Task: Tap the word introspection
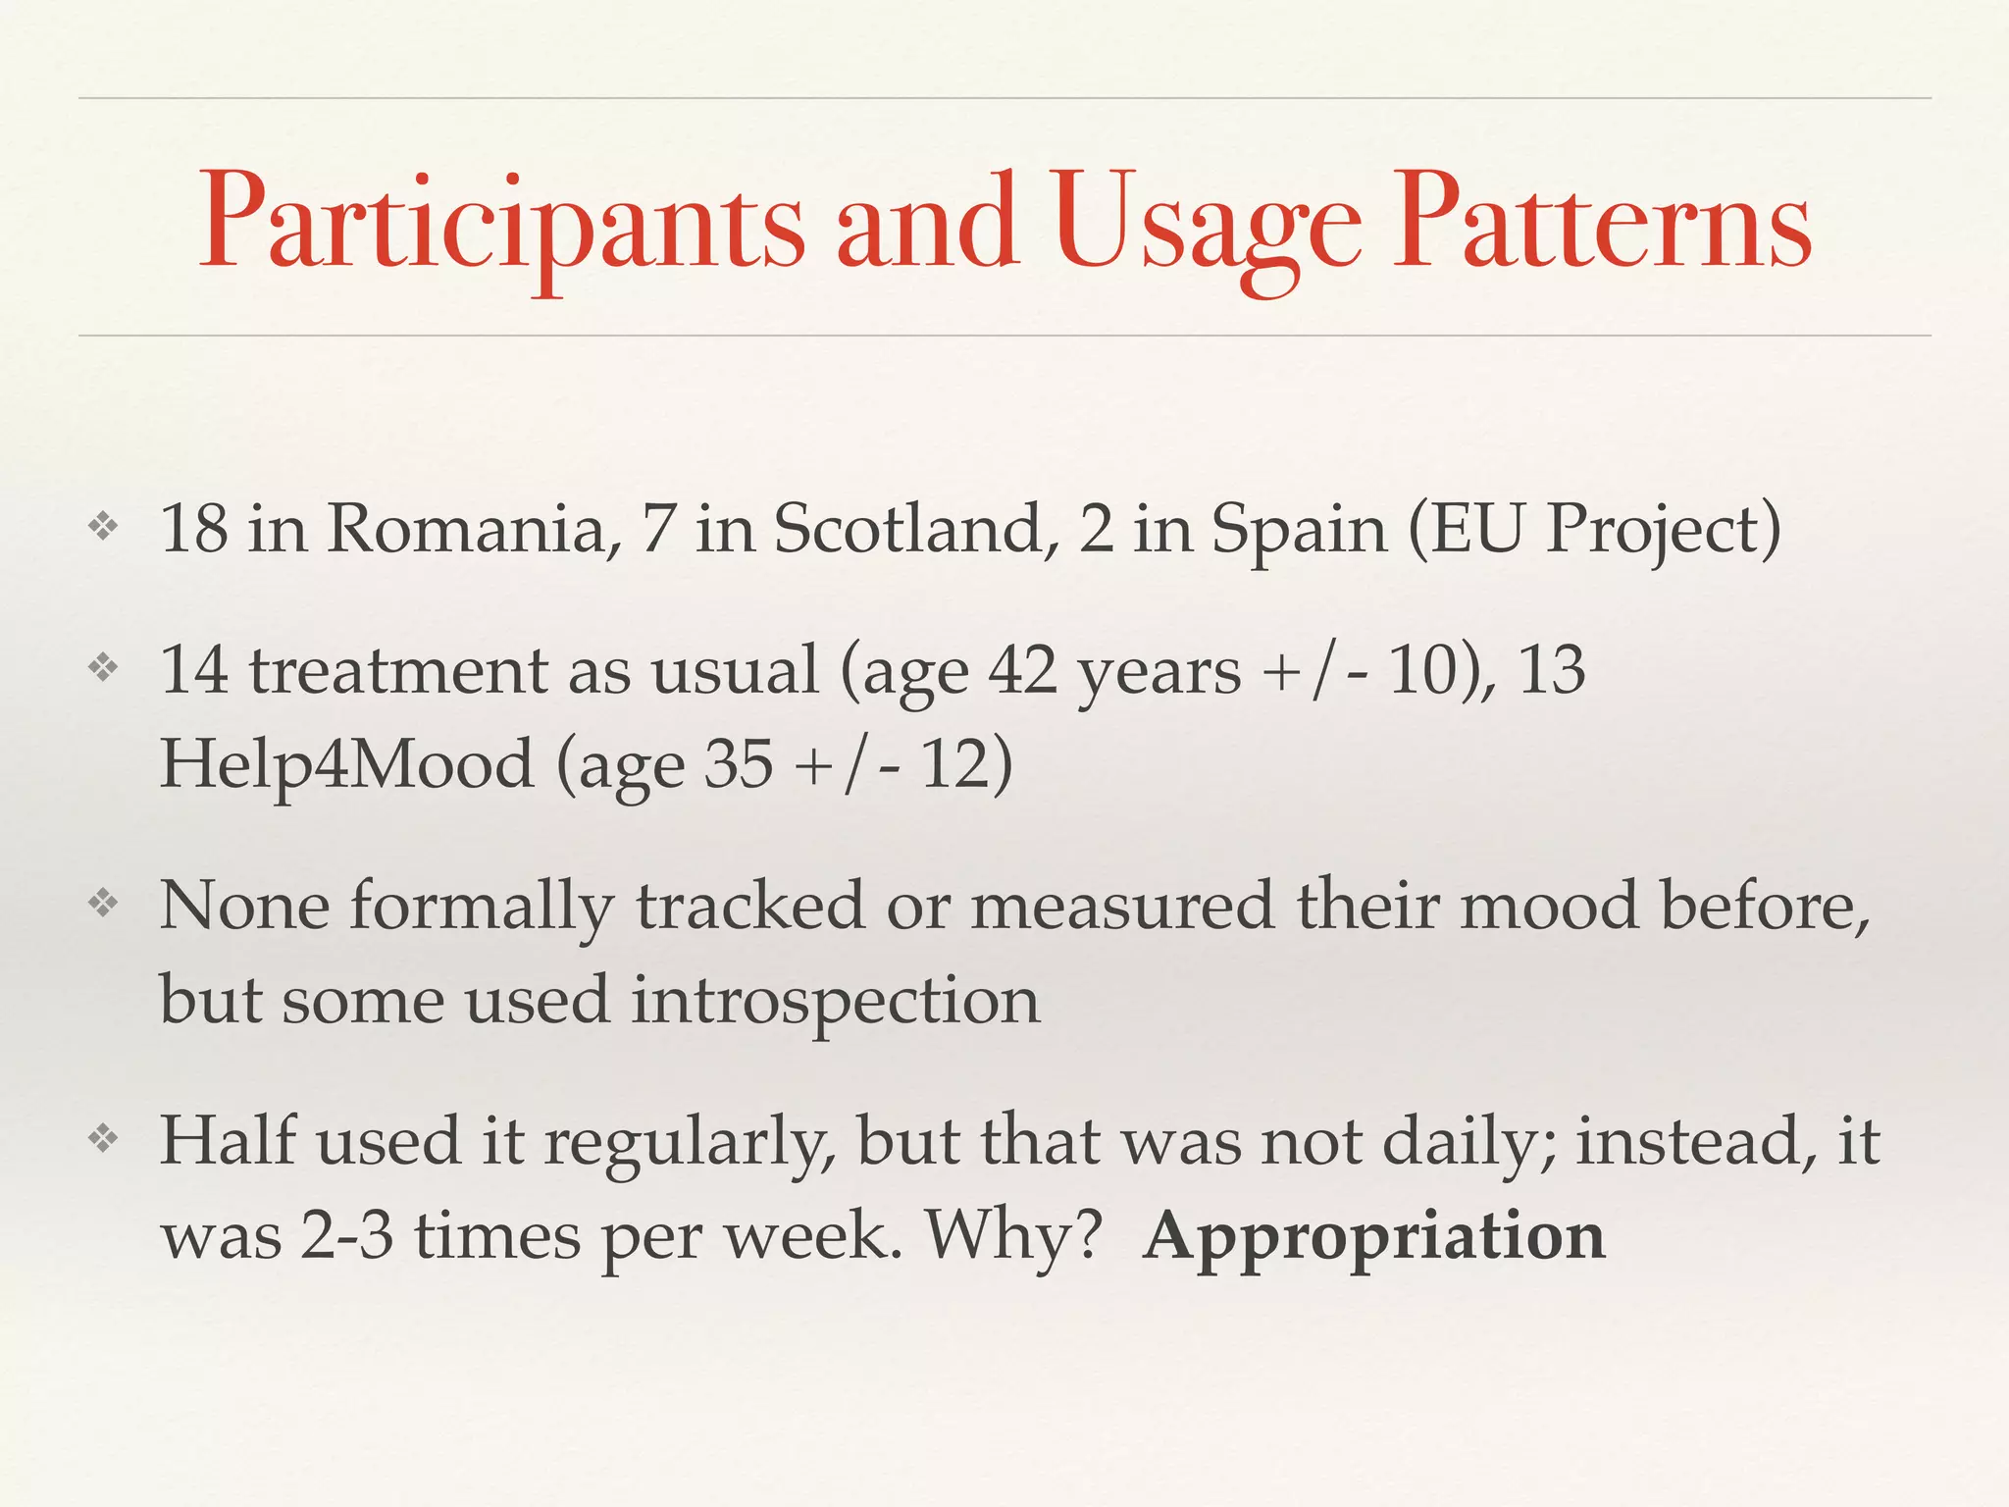(x=835, y=1001)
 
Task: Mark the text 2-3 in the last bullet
(x=347, y=1236)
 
